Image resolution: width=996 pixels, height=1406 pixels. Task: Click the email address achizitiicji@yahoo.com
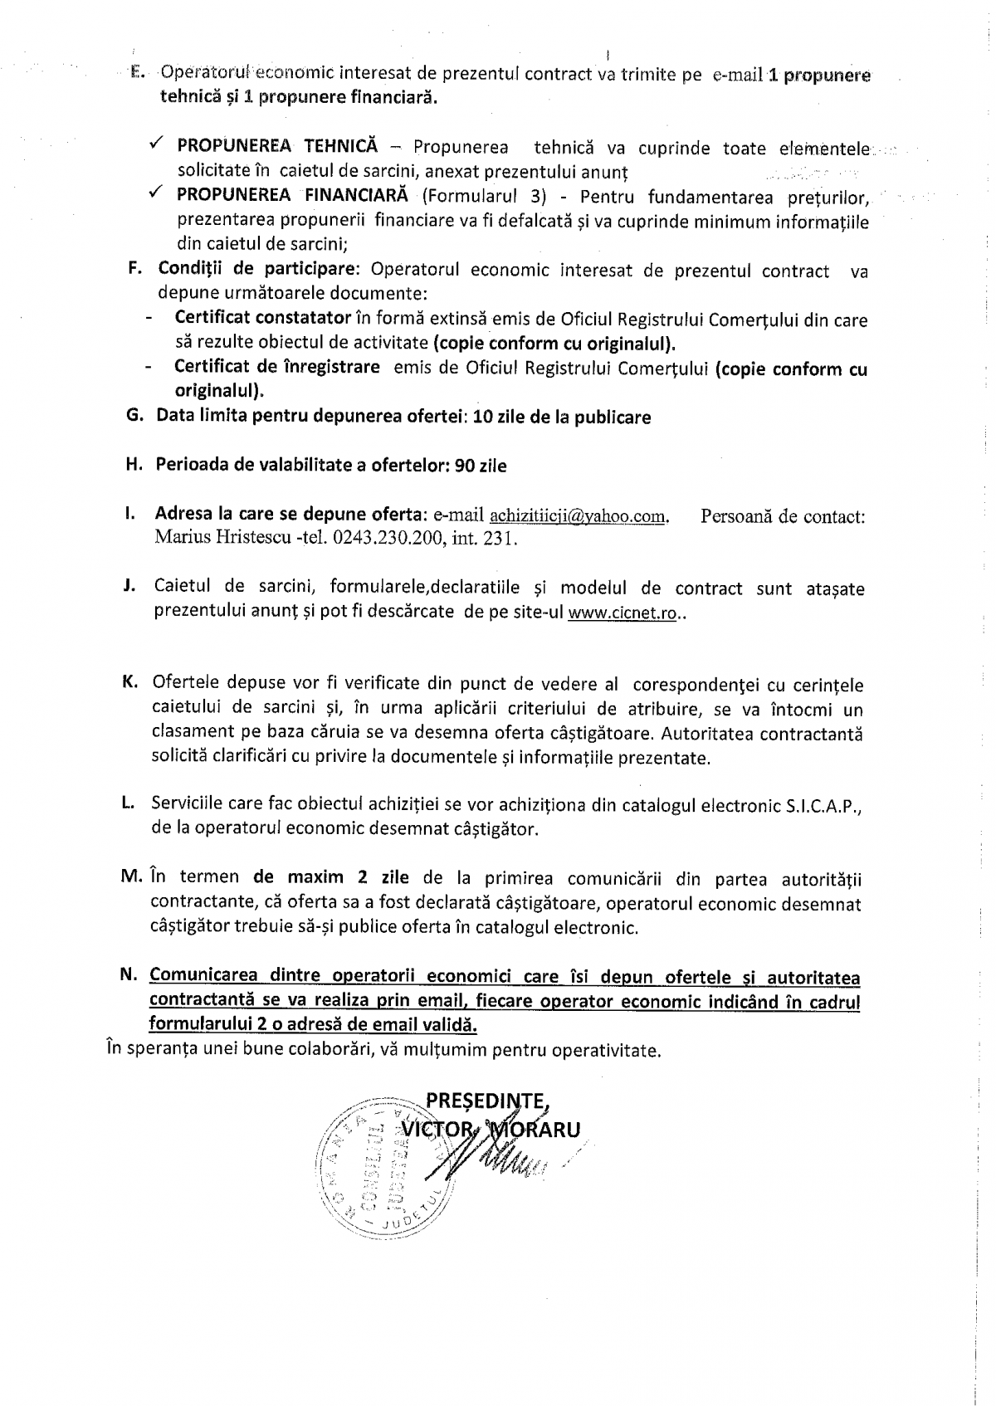[x=579, y=516]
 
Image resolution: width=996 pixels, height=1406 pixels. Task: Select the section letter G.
[x=134, y=416]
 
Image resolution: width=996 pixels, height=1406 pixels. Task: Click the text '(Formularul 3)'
[x=482, y=197]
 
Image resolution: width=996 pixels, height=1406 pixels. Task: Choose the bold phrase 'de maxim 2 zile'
[x=332, y=877]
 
